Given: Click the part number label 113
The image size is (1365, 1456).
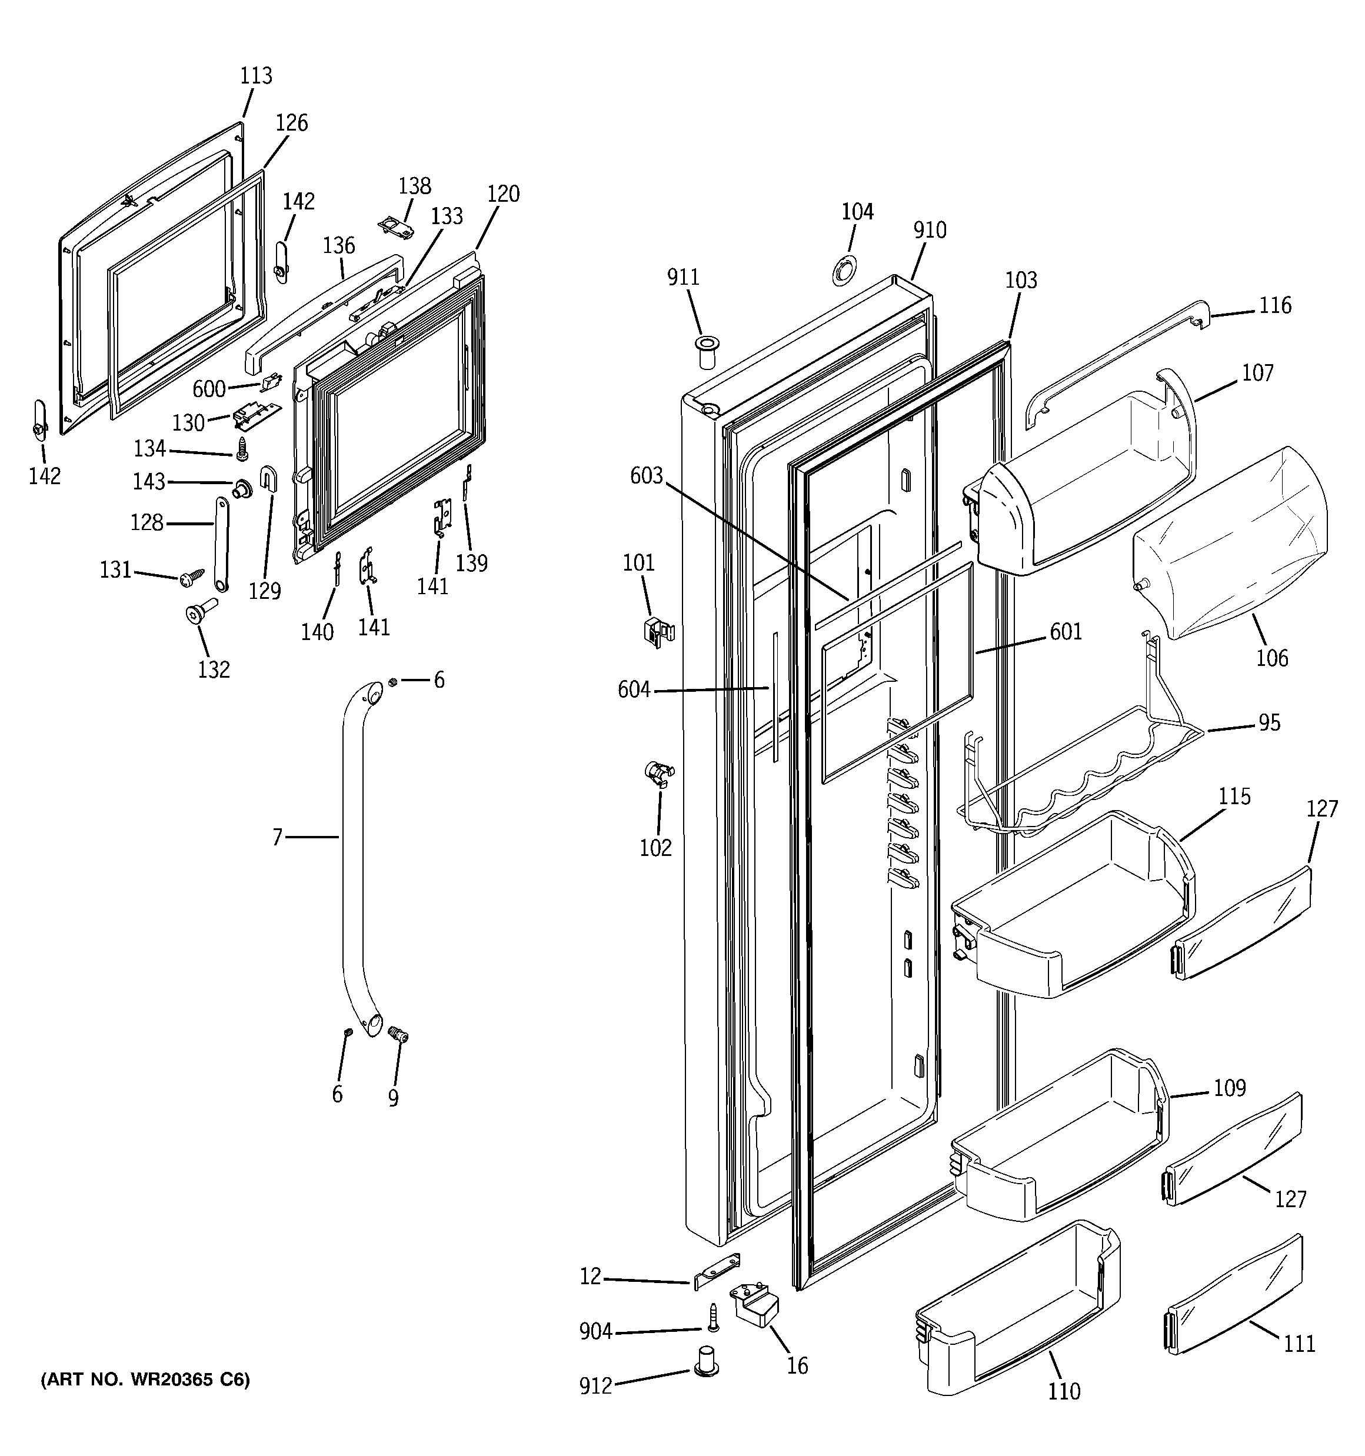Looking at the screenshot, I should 256,76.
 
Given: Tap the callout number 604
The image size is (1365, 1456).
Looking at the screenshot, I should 634,690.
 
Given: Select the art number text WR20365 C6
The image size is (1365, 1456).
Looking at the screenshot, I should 145,1381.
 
